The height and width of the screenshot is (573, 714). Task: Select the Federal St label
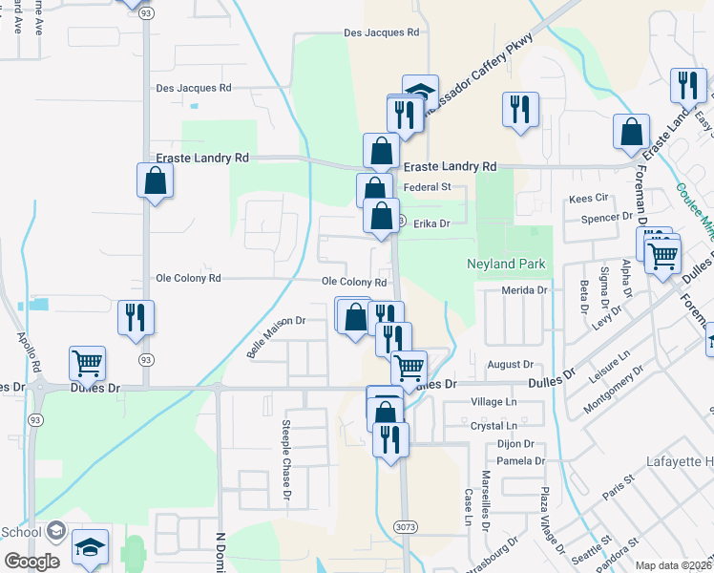click(427, 187)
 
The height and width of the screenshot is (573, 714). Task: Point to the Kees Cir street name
click(588, 199)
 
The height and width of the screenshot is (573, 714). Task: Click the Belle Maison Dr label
click(275, 337)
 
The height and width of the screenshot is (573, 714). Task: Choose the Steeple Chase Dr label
click(285, 462)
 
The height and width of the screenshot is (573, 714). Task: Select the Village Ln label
click(493, 403)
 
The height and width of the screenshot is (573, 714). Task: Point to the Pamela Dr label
click(521, 461)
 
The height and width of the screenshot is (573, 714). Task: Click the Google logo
click(31, 562)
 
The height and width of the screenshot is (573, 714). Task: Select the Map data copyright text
click(674, 565)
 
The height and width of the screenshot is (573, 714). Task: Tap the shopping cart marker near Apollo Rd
click(87, 363)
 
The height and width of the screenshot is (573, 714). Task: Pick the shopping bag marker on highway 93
click(155, 180)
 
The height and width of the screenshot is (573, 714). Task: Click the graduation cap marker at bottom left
click(90, 548)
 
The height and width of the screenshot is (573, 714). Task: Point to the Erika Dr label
click(430, 223)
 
